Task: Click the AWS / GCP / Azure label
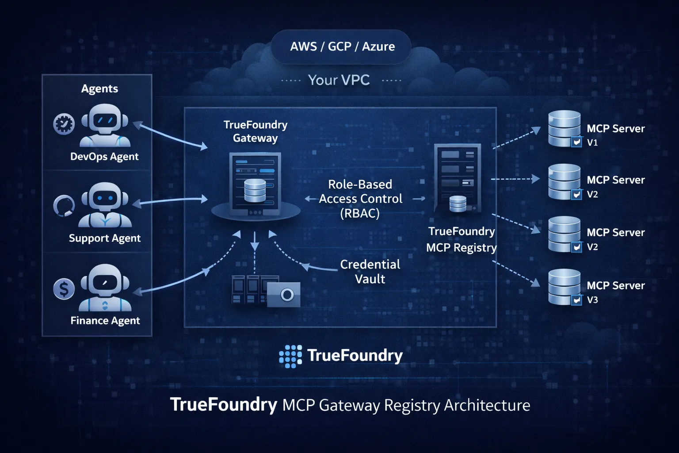coord(342,46)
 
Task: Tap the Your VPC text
coord(339,80)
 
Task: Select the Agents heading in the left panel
coord(99,88)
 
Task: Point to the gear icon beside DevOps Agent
coord(64,124)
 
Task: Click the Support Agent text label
coord(105,238)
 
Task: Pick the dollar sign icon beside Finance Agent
coord(64,289)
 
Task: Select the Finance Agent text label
coord(105,321)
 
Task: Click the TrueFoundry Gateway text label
coord(256,131)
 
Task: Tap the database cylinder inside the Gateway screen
coord(255,190)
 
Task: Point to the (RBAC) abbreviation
coord(360,214)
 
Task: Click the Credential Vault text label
coord(370,272)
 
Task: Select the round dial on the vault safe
coord(287,295)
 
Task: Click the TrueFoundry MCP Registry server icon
coord(458,179)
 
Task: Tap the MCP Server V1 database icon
coord(564,128)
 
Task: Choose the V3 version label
coord(592,300)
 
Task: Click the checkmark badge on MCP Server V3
coord(576,300)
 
